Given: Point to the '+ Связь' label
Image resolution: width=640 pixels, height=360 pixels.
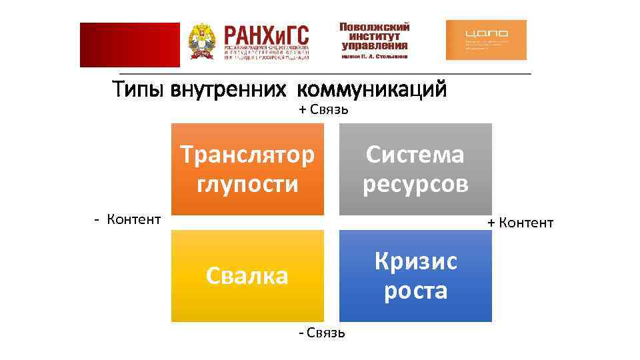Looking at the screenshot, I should click(x=323, y=109).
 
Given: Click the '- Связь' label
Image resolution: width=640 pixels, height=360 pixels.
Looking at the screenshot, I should click(x=321, y=332).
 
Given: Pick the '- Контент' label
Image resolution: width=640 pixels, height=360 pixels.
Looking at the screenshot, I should click(x=127, y=219).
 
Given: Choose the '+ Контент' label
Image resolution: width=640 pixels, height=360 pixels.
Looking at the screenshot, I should click(x=520, y=223).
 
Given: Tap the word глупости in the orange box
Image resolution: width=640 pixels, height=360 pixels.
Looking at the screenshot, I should click(x=247, y=183).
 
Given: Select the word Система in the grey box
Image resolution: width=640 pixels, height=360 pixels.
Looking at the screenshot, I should click(x=415, y=155).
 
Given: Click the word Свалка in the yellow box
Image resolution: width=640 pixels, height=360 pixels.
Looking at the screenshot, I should click(x=247, y=275).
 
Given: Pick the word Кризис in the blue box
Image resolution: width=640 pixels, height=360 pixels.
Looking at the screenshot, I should click(x=415, y=261).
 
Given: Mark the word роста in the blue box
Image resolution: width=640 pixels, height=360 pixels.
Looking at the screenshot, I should click(x=415, y=290).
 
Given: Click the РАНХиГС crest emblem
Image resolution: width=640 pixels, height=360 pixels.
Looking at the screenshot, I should click(x=202, y=43).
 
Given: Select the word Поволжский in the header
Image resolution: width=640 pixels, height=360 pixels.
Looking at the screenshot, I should click(x=374, y=27).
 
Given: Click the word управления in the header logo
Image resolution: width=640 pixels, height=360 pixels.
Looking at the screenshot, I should click(x=374, y=46).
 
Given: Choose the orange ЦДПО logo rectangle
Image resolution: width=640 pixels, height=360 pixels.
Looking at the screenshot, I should click(x=485, y=40).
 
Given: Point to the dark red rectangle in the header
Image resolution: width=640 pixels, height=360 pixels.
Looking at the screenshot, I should click(x=129, y=45).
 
